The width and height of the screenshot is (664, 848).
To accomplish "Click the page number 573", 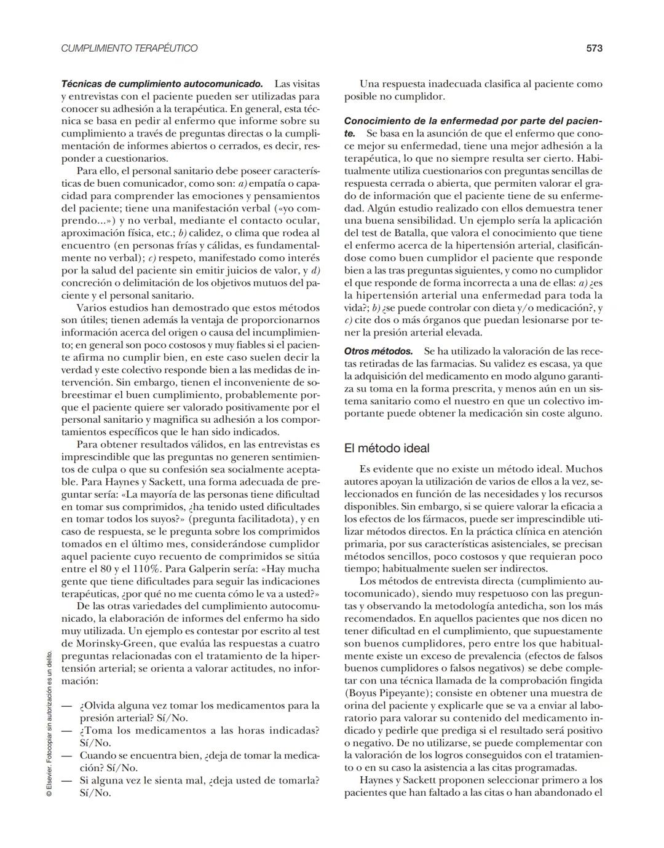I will pos(594,48).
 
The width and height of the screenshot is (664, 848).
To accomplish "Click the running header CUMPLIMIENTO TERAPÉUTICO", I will pos(129,48).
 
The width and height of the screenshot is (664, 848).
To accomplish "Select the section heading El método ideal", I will pos(387,448).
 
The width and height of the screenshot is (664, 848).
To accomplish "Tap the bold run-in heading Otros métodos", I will pos(378,351).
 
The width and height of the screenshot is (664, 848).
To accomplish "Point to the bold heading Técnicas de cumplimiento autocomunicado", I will pos(162,84).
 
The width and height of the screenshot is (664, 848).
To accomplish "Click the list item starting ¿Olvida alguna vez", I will pos(199,712).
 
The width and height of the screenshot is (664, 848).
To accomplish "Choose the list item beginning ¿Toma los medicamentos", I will pos(199,736).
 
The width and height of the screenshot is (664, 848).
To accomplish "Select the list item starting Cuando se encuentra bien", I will pos(199,761).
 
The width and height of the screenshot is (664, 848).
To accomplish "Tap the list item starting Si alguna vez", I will pos(199,786).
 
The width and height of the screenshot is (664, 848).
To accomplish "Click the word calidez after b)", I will pos(205,233).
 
